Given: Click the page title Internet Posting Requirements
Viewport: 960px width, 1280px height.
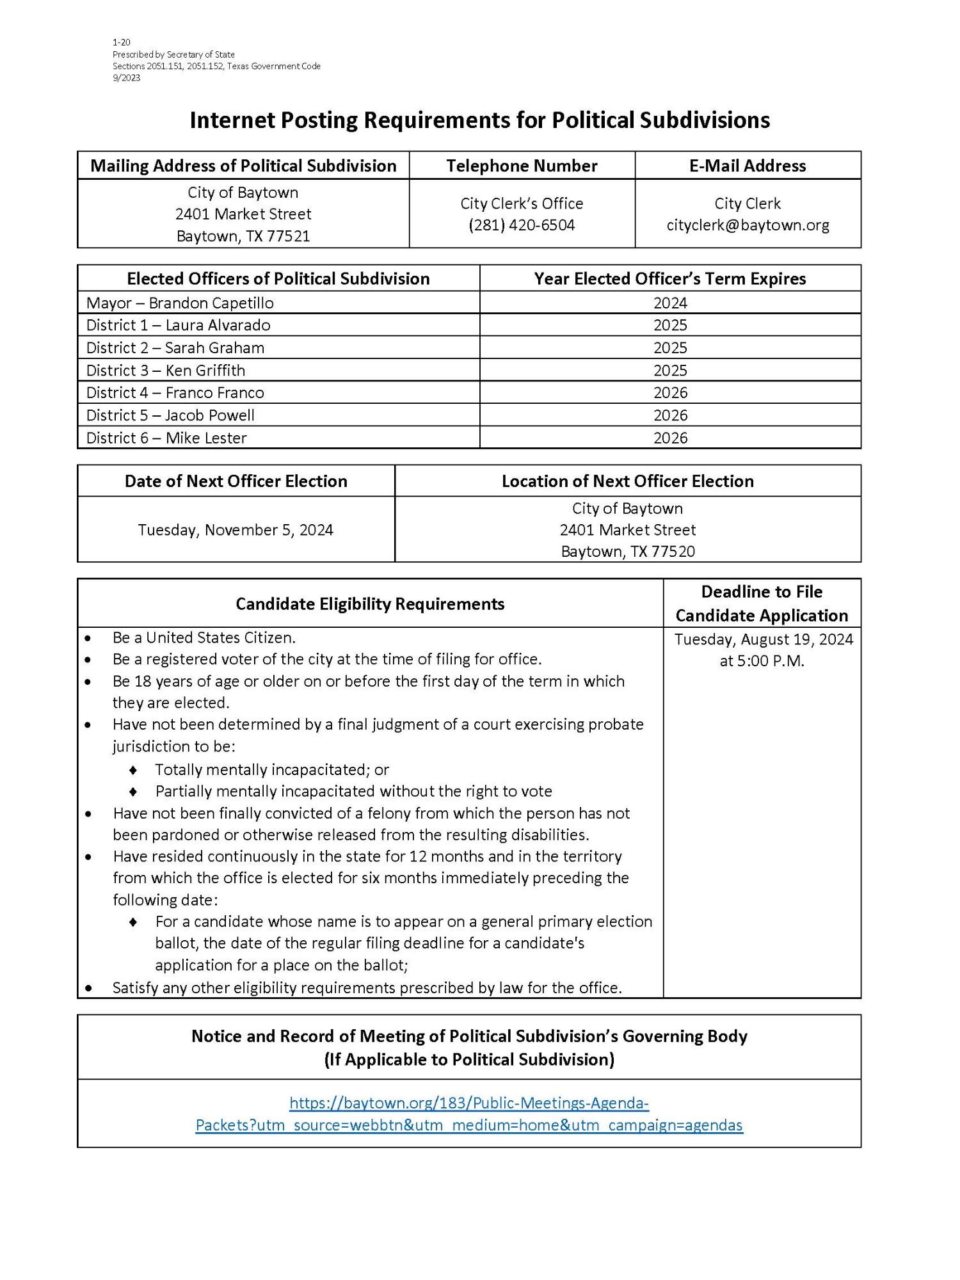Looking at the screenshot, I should [x=479, y=120].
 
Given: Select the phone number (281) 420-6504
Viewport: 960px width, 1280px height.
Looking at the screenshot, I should [x=522, y=225].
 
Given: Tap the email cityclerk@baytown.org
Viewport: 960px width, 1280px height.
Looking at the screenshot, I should [x=748, y=225].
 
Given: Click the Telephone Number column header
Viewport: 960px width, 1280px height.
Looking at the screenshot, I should [x=522, y=166].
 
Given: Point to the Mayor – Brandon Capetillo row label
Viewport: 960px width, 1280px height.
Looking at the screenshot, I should [x=180, y=303].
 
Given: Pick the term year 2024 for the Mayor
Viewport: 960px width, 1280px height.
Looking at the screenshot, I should [x=670, y=303].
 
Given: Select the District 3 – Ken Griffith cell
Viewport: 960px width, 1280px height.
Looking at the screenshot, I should [x=166, y=371].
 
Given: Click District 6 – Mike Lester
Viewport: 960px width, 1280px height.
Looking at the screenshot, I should [x=166, y=438].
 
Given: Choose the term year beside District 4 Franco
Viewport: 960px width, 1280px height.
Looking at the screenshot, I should [x=670, y=393].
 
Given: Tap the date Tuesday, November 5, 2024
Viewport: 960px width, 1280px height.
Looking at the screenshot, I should [x=236, y=530].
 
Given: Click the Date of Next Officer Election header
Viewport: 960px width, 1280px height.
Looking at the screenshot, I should [x=236, y=481].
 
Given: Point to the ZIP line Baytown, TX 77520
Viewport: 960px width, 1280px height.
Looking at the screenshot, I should [x=627, y=552].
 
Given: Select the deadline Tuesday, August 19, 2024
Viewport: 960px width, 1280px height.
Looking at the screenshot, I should [x=763, y=639].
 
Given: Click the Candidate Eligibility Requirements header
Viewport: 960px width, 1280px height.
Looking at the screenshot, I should [x=370, y=604].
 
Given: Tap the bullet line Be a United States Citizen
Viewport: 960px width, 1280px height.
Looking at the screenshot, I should [x=204, y=638].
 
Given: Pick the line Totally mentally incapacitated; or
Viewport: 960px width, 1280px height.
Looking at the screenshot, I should [x=272, y=770].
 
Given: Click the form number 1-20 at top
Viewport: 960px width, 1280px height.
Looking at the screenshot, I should [x=122, y=43].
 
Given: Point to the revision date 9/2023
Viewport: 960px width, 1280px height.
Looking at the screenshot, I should [x=126, y=78].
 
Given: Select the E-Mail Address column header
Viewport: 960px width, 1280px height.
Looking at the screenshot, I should [x=748, y=166].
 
